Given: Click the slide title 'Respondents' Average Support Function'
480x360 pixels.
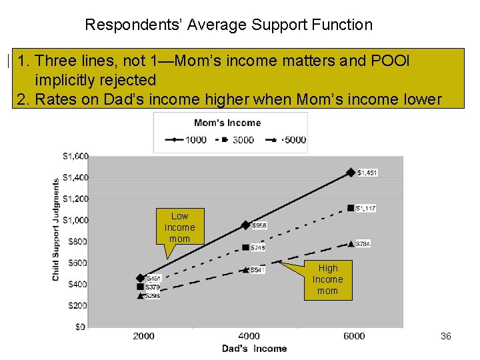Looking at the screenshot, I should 229,25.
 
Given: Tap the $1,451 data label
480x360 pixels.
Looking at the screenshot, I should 367,173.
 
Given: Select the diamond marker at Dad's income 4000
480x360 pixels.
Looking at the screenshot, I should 245,225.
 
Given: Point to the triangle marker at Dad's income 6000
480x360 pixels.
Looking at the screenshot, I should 351,244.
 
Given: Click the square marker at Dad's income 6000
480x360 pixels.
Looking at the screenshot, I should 351,208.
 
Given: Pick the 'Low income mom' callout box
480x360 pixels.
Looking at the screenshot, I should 179,227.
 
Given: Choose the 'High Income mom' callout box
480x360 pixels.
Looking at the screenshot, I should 327,280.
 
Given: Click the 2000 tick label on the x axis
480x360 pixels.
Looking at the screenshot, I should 143,336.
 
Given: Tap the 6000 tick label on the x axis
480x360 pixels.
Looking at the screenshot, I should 354,336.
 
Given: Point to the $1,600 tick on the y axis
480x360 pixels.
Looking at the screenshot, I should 75,156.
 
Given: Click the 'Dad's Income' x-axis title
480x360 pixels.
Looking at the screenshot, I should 254,349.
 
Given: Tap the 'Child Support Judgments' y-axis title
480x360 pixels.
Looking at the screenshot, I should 56,229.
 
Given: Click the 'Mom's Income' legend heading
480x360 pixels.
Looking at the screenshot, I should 227,123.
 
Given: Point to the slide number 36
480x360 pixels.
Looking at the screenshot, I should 446,337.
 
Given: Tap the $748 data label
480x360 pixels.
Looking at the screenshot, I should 259,247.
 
